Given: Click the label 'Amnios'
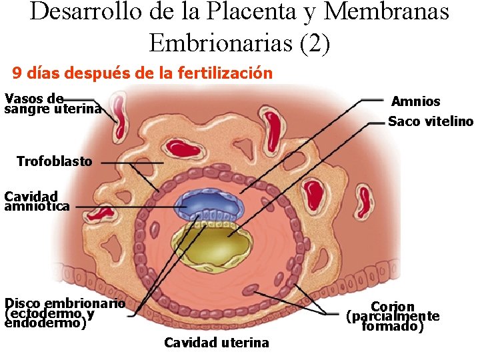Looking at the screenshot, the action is coord(415,101).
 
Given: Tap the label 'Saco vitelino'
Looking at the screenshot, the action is coord(430,121).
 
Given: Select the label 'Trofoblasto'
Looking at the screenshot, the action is coord(54,161).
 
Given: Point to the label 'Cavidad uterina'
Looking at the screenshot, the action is coord(217,343).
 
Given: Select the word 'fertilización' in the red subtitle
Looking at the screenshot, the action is coord(225,73).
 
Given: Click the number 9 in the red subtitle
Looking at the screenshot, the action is coord(17,73).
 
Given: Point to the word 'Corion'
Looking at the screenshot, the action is coord(393,307).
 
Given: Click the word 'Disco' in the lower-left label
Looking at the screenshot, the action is coord(22,303).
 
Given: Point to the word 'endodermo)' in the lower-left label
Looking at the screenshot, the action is coord(45,323).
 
